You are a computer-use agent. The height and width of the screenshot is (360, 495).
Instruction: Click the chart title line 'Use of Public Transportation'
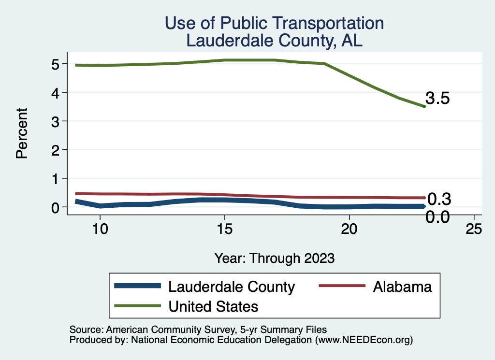(x=274, y=23)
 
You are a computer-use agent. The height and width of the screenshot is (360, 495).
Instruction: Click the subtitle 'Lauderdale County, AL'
(x=274, y=41)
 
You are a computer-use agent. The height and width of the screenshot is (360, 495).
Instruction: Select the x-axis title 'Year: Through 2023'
(x=274, y=258)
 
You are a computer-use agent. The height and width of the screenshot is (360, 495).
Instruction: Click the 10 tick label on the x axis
(x=100, y=229)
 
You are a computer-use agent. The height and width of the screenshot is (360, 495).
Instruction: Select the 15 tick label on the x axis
(x=224, y=229)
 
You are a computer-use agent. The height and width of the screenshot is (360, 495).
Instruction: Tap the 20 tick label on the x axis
(x=349, y=229)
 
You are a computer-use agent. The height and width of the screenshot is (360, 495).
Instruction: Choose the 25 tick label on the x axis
(x=474, y=229)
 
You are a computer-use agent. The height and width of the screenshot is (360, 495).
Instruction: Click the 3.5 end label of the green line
(x=437, y=99)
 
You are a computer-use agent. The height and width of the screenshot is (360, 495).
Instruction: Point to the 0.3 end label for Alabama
(x=439, y=199)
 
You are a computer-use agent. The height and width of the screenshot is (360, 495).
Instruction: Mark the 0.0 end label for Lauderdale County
(x=437, y=217)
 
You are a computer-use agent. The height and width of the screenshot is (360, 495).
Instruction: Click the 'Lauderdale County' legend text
(x=231, y=287)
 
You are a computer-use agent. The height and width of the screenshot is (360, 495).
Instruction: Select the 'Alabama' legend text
(x=402, y=287)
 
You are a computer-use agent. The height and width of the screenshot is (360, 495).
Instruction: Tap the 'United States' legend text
(x=213, y=306)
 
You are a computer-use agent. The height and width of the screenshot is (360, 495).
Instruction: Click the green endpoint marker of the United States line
(x=424, y=106)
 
